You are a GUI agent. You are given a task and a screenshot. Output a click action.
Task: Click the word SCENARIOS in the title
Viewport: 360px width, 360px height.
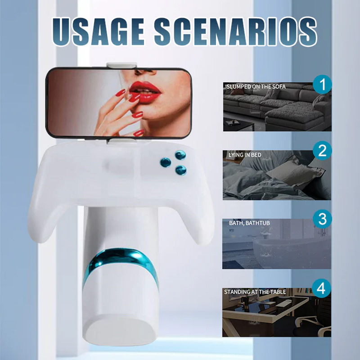(x=234, y=30)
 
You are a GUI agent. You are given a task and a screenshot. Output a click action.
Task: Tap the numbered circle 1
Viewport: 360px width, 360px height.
(x=322, y=84)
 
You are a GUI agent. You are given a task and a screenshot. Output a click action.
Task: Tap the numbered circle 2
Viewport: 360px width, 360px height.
(x=322, y=151)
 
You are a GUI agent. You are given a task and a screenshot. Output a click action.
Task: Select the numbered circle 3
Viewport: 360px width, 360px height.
(x=322, y=220)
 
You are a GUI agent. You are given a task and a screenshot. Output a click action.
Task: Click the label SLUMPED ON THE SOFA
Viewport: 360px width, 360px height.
(x=256, y=86)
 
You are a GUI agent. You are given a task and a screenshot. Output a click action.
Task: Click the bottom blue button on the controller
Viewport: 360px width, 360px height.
(x=180, y=170)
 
